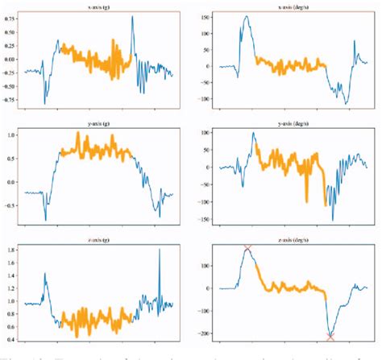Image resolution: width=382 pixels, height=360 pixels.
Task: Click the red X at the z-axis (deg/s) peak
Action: [x=247, y=249]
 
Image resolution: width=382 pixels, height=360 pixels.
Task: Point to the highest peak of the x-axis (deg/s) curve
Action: [x=246, y=16]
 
